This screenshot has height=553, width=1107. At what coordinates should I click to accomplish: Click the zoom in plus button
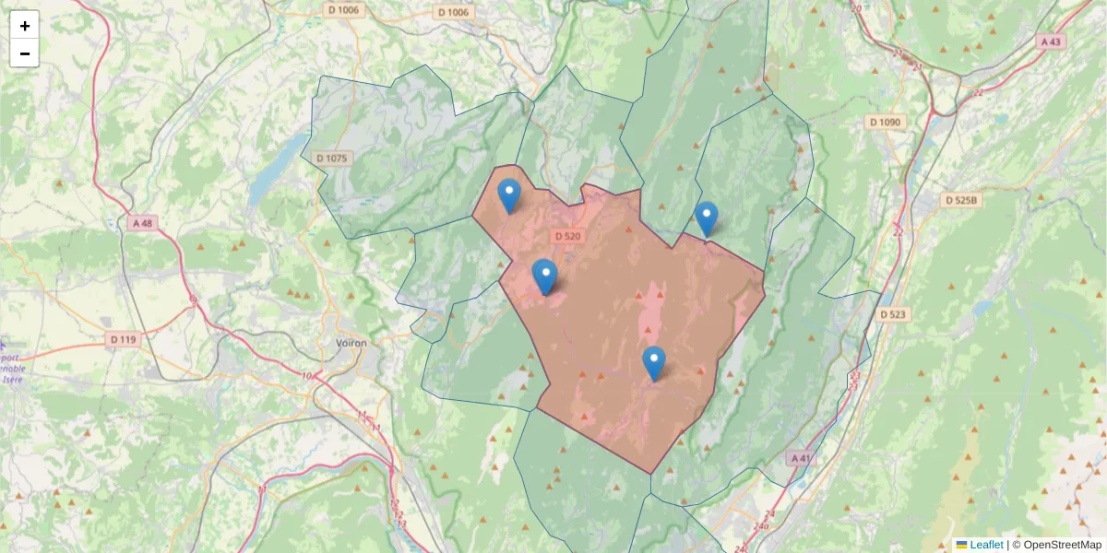[x=25, y=26]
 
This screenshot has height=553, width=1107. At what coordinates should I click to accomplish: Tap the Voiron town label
[x=351, y=343]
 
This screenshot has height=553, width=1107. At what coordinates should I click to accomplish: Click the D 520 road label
[x=568, y=236]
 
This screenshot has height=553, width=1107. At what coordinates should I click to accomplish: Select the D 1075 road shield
[x=332, y=159]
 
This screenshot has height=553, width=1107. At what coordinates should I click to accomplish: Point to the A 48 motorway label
[x=142, y=223]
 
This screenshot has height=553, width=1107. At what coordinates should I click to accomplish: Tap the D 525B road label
[x=963, y=200]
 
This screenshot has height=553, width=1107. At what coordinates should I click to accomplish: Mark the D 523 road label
[x=893, y=314]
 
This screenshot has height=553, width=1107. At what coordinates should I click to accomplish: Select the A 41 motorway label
[x=801, y=458]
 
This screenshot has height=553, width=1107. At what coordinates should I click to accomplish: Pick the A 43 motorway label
[x=1051, y=41]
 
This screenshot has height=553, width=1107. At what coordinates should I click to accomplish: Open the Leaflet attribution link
[x=985, y=545]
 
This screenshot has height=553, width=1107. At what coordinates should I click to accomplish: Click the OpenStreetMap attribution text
[x=1056, y=545]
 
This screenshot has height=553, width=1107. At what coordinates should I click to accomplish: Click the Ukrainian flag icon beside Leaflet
[x=961, y=545]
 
